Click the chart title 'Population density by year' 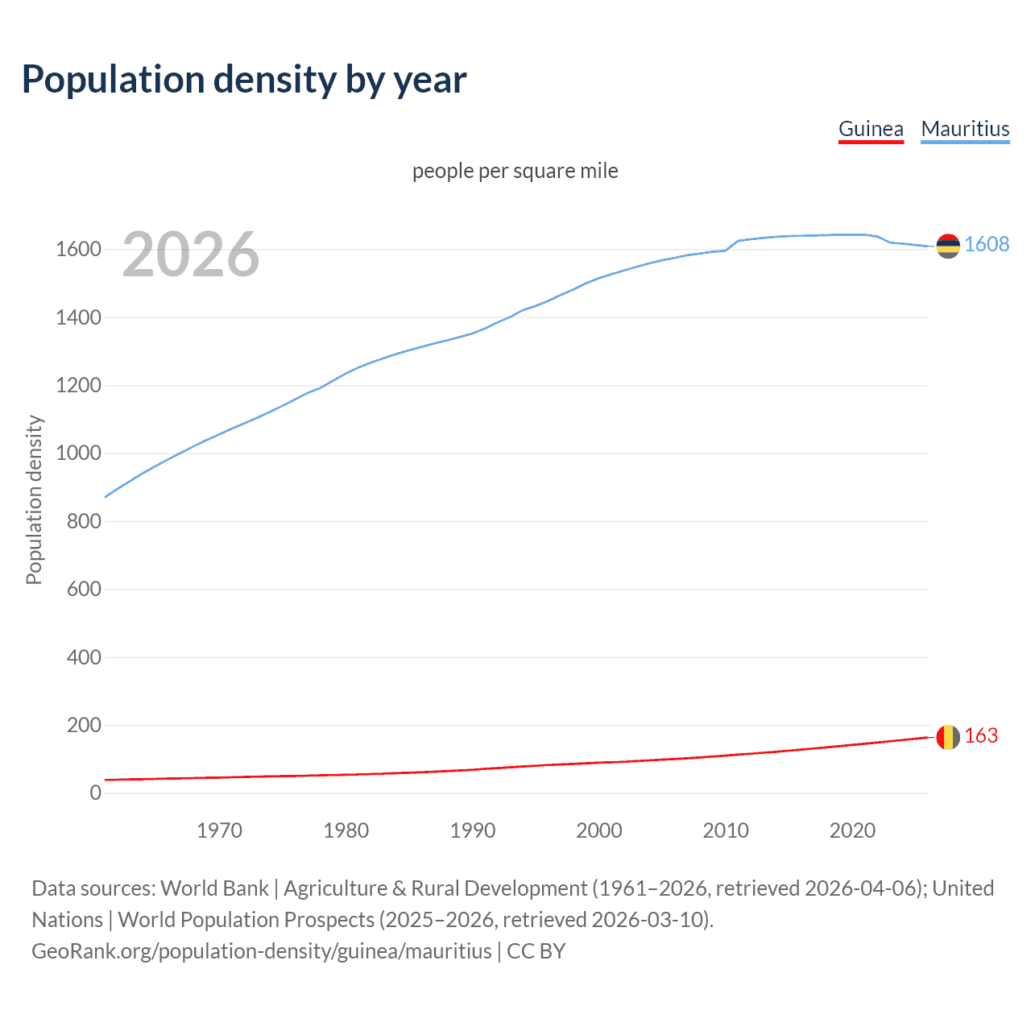244,80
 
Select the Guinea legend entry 871,129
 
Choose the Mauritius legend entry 965,129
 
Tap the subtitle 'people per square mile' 515,171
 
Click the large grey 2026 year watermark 191,255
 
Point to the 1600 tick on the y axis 78,250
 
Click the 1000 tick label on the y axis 78,453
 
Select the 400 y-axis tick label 84,657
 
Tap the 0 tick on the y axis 96,793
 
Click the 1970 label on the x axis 219,830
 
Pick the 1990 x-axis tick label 473,830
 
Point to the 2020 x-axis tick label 852,830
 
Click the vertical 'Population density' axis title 34,499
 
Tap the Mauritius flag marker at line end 948,246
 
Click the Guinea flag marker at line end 948,737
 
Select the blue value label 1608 987,245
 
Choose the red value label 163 981,736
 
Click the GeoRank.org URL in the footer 261,951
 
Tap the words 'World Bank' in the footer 214,888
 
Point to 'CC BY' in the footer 536,951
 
